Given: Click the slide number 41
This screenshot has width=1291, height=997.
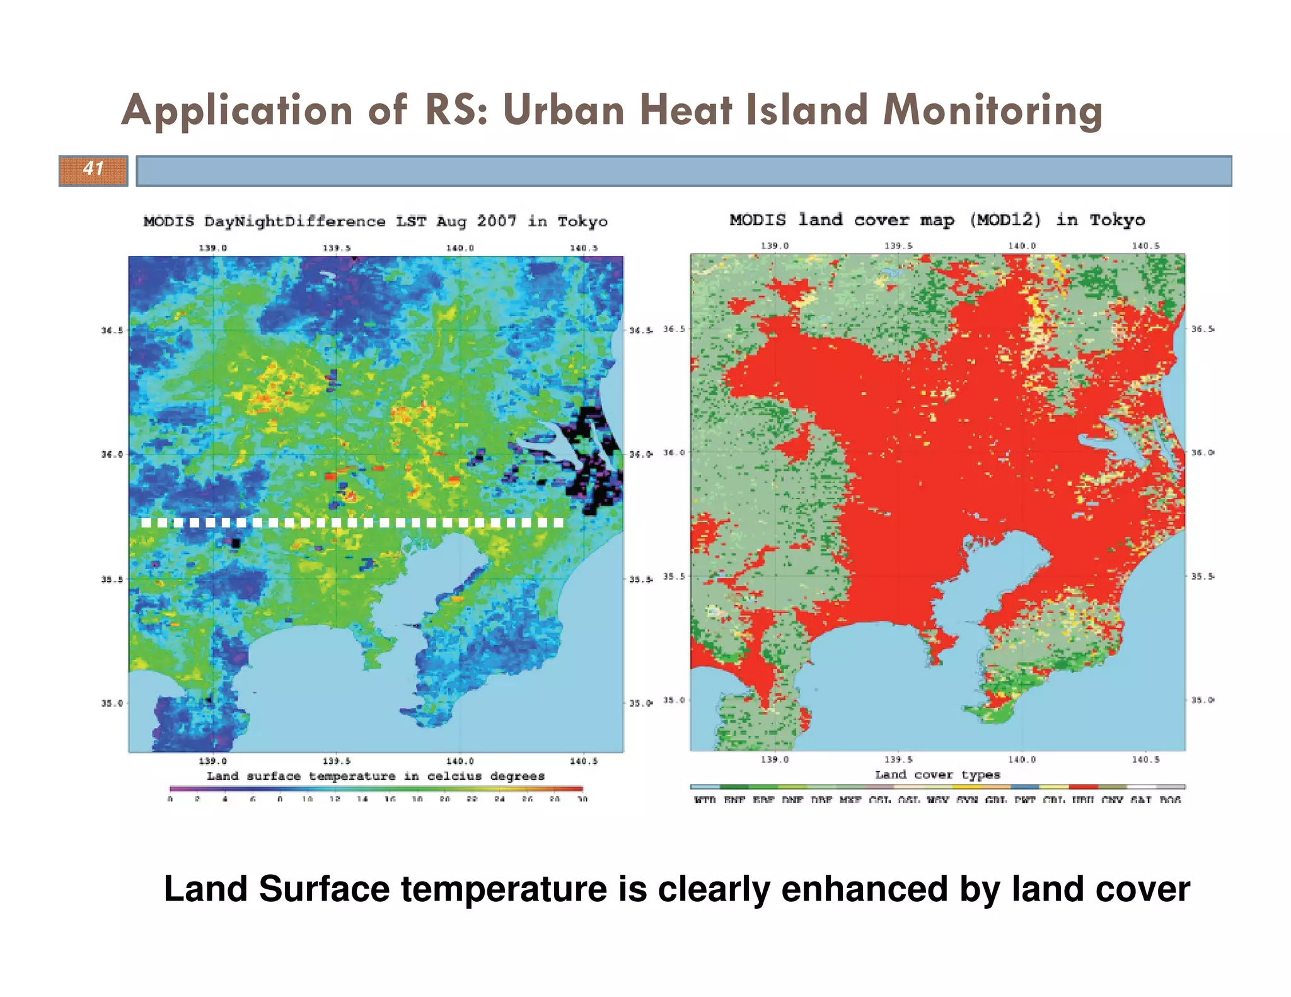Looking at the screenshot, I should (93, 169).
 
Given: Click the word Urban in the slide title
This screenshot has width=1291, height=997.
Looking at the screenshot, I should (563, 111).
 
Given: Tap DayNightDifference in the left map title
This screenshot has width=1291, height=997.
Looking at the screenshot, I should (294, 222).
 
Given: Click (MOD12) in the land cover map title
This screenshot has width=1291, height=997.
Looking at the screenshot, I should (1004, 220).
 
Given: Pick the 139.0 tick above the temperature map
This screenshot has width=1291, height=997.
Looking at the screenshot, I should (213, 248).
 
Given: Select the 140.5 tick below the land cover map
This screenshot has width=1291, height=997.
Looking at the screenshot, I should (1145, 760).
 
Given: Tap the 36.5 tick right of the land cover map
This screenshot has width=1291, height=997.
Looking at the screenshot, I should (1201, 329).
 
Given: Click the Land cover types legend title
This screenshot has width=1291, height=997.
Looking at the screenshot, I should (937, 775).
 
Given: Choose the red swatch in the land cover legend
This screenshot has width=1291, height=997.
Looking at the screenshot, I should (1083, 787).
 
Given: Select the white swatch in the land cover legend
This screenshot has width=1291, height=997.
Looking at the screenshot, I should (1141, 787).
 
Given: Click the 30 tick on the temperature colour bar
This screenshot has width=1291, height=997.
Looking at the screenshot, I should (582, 799).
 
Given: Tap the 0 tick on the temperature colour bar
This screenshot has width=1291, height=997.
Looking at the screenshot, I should (170, 799).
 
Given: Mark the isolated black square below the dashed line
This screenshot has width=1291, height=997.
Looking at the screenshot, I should (236, 543).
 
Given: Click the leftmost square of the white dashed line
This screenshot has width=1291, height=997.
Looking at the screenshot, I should (146, 523).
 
